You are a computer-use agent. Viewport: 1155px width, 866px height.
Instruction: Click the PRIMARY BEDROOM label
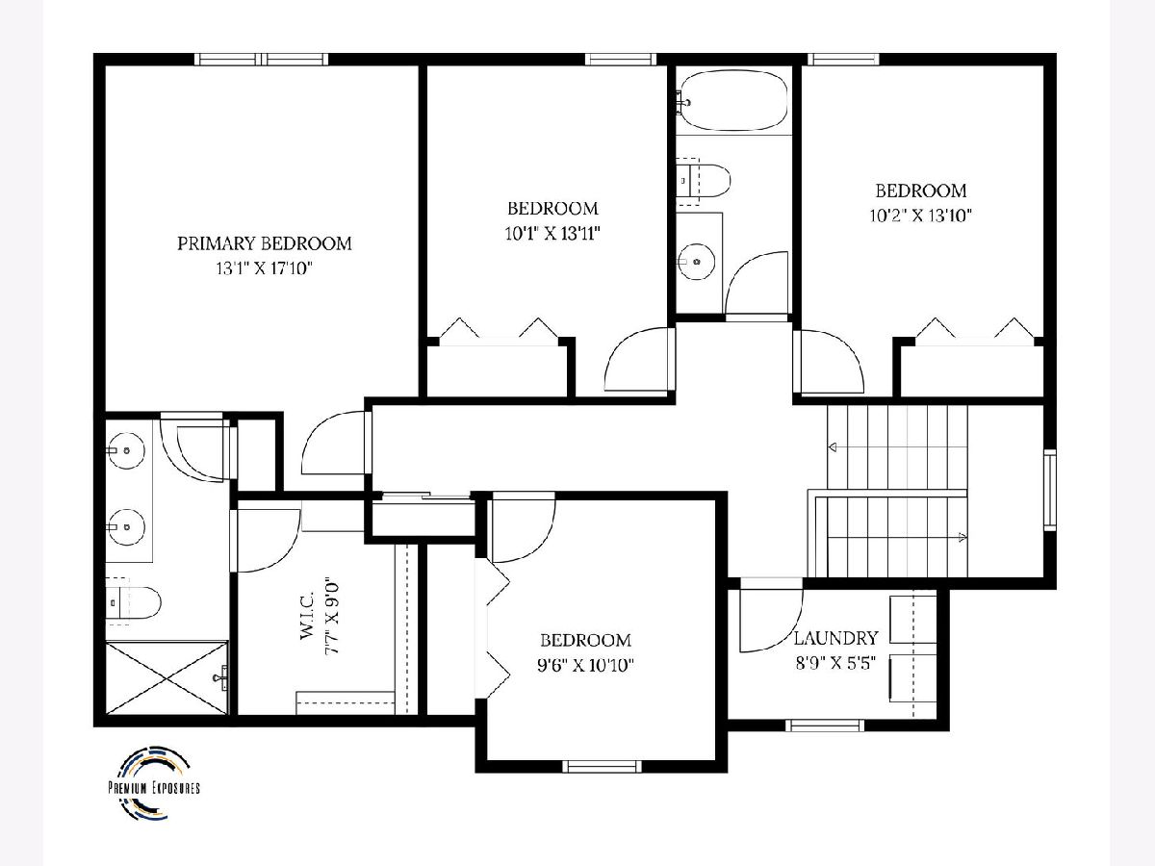tap(264, 243)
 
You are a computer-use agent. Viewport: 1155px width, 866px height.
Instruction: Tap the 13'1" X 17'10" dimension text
tap(264, 268)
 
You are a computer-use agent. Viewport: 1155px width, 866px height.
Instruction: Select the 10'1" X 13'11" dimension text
tap(552, 233)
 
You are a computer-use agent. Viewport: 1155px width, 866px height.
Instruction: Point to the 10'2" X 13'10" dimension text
tap(920, 216)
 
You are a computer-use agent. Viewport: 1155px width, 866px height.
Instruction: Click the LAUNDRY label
tap(835, 638)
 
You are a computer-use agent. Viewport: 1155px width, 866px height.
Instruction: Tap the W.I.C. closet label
tap(307, 615)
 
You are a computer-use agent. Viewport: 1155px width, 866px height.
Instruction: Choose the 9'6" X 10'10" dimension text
tap(585, 666)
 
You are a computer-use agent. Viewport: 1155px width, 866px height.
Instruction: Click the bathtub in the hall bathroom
tap(734, 101)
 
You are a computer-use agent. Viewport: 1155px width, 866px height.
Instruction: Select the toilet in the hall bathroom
tap(703, 181)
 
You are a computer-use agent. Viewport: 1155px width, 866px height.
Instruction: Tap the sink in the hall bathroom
tap(696, 262)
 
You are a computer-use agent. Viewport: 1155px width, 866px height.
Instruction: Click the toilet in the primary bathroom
tap(133, 602)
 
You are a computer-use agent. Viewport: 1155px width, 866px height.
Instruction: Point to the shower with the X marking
tap(167, 676)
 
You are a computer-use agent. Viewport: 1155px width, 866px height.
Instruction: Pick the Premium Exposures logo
tap(154, 783)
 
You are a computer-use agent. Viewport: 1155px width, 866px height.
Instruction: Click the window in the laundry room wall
tap(825, 726)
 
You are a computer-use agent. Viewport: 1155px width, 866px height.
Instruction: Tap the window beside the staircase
tap(1050, 491)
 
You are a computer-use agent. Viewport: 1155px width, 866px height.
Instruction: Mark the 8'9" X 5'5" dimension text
tap(835, 663)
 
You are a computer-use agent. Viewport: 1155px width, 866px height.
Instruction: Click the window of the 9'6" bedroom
tap(602, 766)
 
